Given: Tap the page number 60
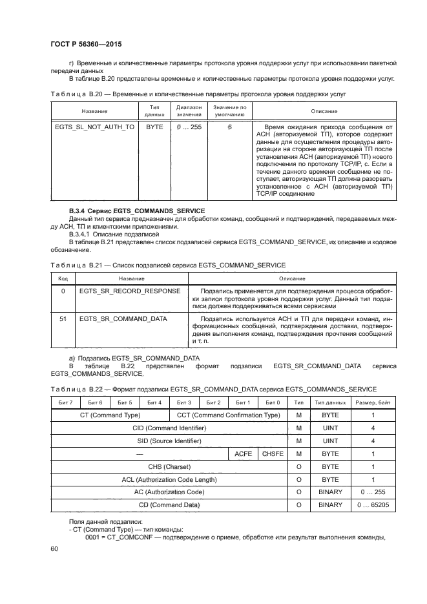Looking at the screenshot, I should [54, 548].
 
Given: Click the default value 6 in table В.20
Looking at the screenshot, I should [229, 127].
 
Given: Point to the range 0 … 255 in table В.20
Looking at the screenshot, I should [189, 127].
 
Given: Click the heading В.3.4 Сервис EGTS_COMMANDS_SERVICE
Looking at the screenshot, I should [136, 211].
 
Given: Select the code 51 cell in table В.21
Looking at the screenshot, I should [63, 318].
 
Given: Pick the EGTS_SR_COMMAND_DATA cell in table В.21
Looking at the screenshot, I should [123, 318].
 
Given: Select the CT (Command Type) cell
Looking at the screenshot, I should [109, 415].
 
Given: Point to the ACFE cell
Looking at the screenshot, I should [243, 454].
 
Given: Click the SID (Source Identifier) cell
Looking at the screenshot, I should [169, 441].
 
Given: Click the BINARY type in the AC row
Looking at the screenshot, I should [330, 492].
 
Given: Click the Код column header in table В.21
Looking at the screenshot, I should [63, 278].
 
